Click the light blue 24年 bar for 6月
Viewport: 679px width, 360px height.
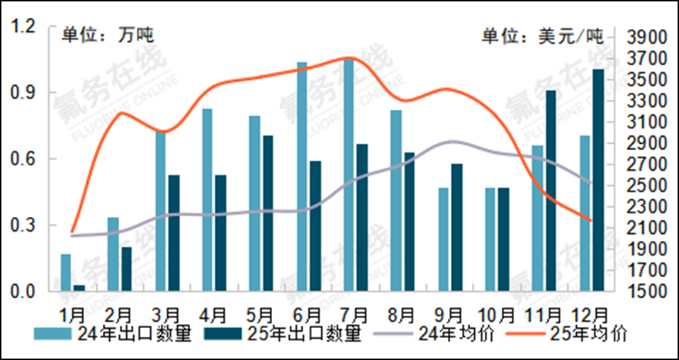pos(302,176)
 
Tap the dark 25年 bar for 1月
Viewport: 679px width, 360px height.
pos(79,288)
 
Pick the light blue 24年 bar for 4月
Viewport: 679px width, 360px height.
pos(207,200)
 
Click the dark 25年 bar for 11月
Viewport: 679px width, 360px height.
pos(551,191)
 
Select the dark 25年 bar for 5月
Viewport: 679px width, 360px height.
pos(267,213)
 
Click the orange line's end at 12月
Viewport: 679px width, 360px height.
pos(590,220)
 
